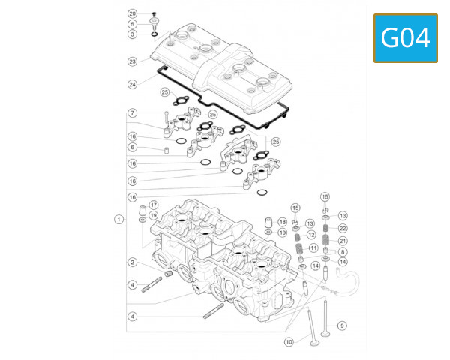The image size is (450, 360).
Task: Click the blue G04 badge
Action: coord(405,37)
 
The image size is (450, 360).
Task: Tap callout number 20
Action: coord(132,14)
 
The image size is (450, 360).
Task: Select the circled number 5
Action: coord(132,24)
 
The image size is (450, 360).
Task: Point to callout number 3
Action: coord(132,34)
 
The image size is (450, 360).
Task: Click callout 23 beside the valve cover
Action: coord(132,61)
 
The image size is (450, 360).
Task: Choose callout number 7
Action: coord(132,113)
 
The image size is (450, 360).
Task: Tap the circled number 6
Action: coord(132,148)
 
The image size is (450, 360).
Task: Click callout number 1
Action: coord(118,219)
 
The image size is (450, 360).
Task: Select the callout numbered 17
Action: coord(154,205)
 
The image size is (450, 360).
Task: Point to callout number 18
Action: coord(282,222)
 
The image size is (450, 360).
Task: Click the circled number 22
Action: coord(343,228)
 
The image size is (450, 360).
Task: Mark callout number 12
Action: coord(310,235)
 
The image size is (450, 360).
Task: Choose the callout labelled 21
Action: coord(343,241)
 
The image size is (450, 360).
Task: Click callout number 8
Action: coord(343,252)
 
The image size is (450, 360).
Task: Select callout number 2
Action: coord(132,262)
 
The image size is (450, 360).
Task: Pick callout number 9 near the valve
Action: coord(342,325)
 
